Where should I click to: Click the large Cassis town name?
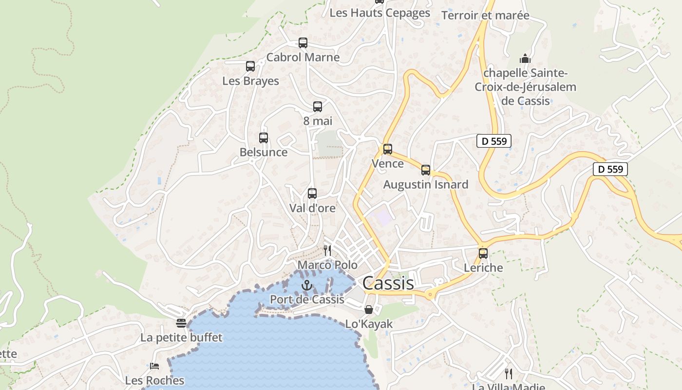tap(388, 283)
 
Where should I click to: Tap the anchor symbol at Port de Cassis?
tap(307, 285)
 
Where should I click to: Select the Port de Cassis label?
tap(307, 299)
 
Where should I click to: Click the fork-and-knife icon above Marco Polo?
tap(327, 251)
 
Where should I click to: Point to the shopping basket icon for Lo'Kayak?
tap(369, 310)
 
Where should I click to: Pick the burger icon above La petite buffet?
tap(181, 323)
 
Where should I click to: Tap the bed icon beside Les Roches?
tap(154, 366)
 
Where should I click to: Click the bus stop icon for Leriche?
tap(483, 253)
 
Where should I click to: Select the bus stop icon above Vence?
tap(388, 149)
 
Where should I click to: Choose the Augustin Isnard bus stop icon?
tap(426, 170)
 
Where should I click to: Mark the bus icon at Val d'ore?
tap(312, 194)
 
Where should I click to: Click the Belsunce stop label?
tap(264, 152)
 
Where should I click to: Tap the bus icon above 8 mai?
tap(318, 107)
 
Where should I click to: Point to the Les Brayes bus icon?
tap(250, 66)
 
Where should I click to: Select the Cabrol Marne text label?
tap(303, 57)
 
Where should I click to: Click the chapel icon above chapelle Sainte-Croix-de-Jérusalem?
tap(525, 58)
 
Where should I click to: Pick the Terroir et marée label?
tap(485, 15)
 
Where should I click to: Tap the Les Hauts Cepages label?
tap(380, 13)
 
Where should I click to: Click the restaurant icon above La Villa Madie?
tap(509, 374)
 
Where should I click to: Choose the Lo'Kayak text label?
tap(369, 324)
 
